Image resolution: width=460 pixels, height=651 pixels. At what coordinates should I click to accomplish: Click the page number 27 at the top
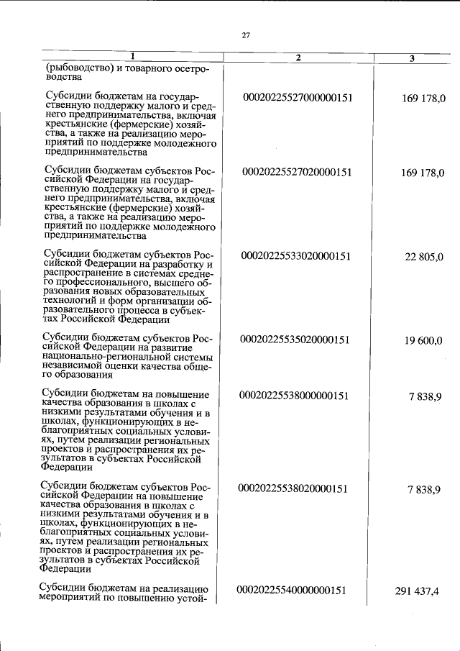coord(245,34)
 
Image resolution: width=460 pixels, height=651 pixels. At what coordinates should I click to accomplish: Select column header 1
coord(132,58)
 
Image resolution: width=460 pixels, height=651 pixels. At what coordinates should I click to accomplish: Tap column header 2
coord(298,58)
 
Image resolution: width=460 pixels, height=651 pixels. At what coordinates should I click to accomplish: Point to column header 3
coord(412,58)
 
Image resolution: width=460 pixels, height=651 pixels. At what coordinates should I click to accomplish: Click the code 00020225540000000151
coord(292,591)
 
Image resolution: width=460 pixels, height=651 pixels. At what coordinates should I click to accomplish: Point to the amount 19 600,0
coord(423,340)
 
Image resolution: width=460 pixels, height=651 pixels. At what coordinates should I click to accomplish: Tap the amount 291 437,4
coord(417,591)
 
